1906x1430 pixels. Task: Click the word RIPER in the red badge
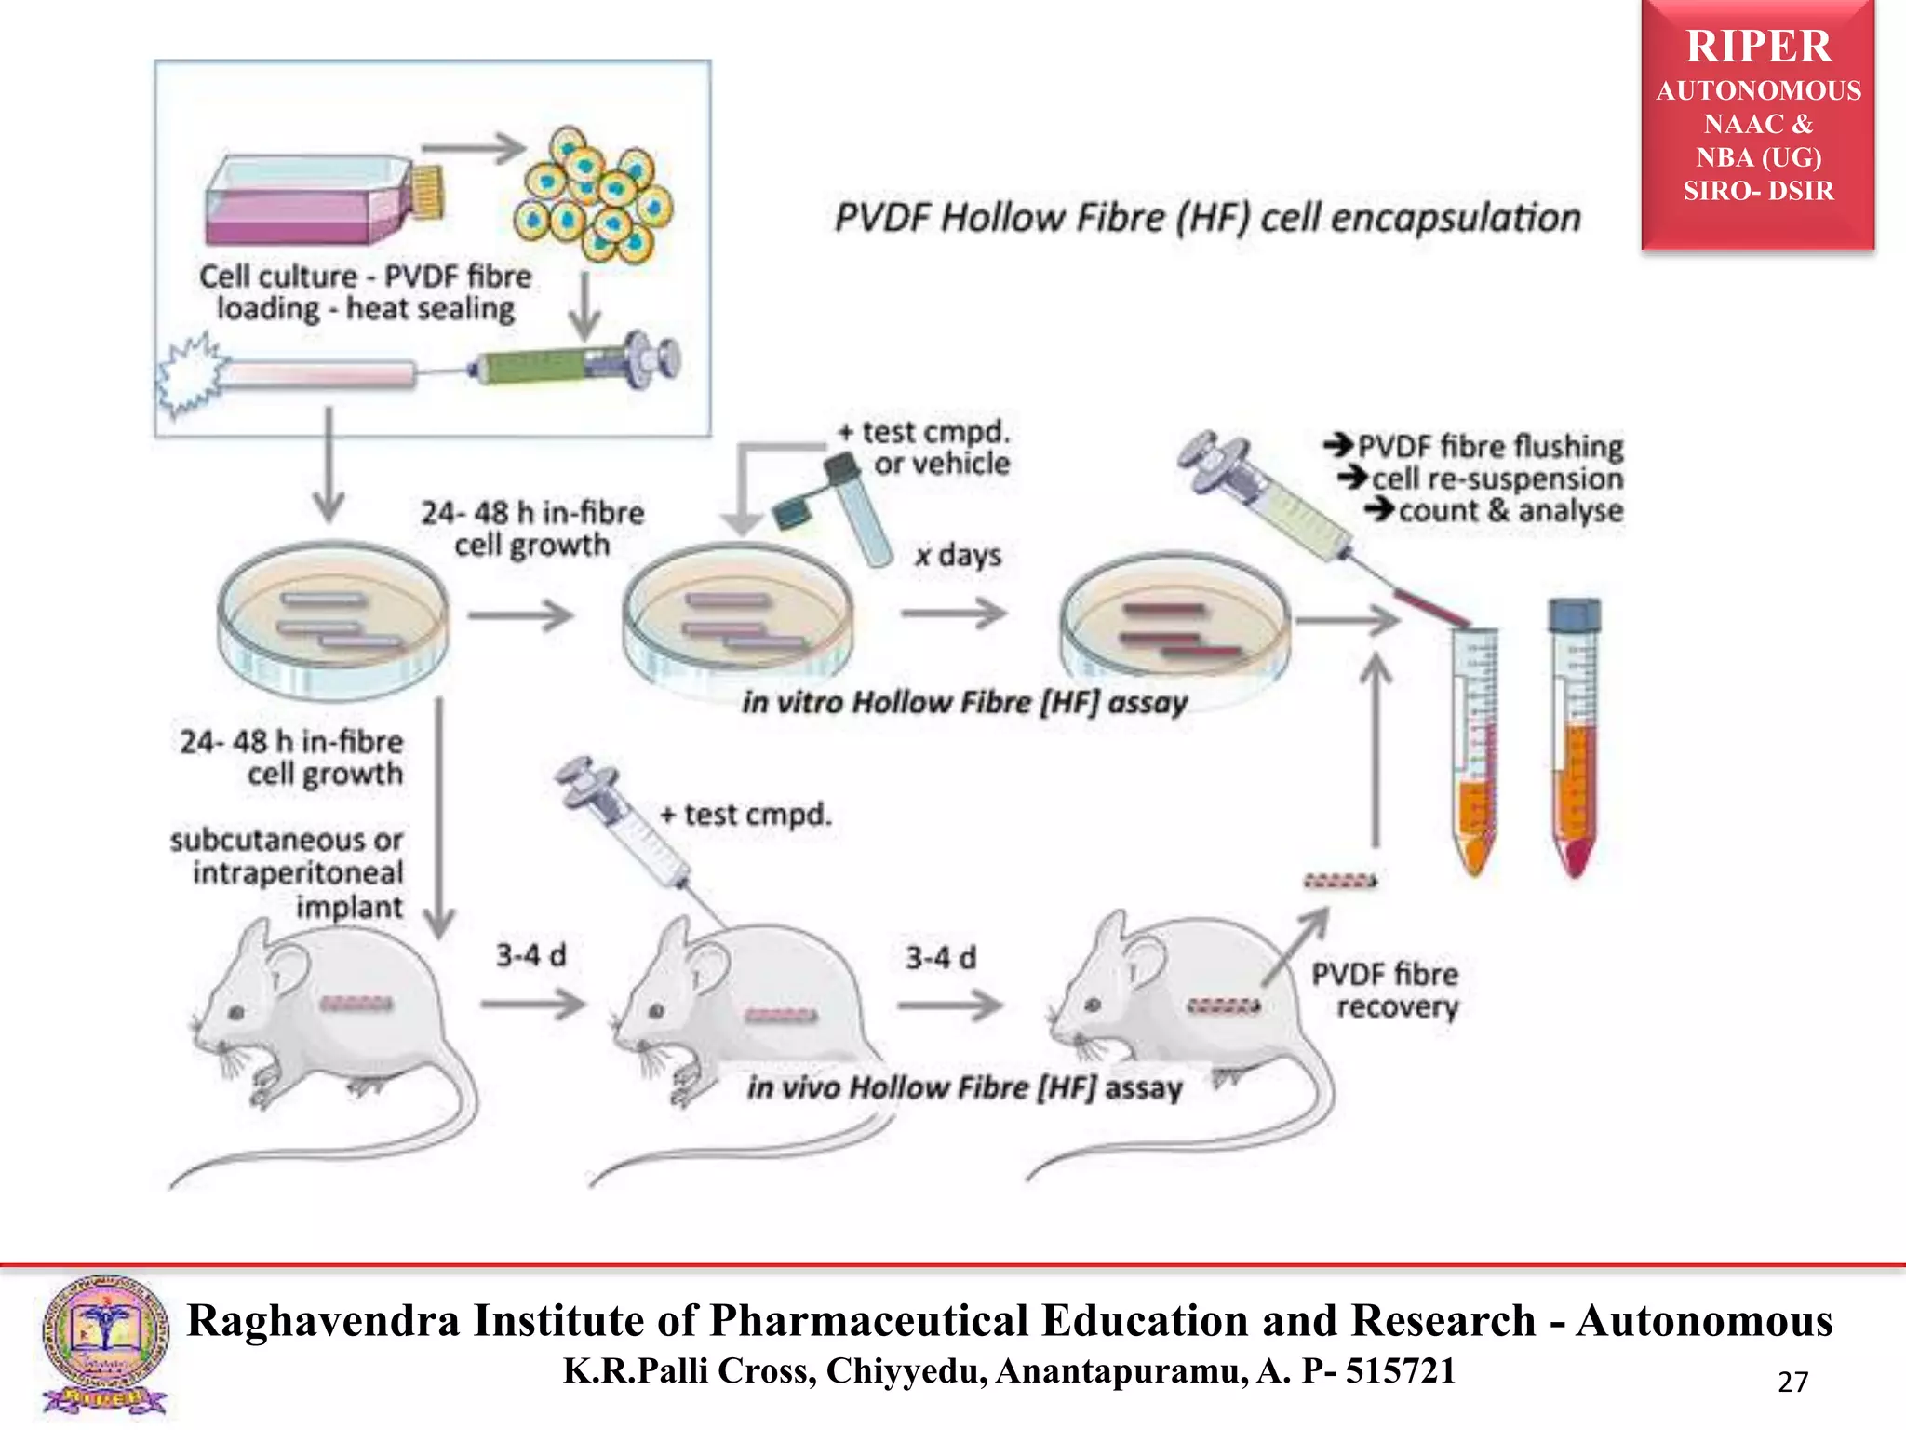point(1758,47)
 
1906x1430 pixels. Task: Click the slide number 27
point(1792,1382)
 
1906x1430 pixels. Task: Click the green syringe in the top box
point(549,366)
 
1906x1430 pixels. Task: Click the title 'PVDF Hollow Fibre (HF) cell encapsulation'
point(1207,218)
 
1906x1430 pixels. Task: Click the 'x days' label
point(958,556)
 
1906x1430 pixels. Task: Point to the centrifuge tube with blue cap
point(1575,735)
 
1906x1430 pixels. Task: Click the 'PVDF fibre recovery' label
point(1385,991)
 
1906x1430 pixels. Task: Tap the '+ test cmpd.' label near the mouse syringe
point(745,815)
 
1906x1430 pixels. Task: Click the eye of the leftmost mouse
point(236,1012)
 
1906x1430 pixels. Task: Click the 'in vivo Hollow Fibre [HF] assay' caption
point(964,1087)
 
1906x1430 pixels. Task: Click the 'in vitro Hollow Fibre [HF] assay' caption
point(964,702)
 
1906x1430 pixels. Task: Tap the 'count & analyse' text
point(1510,511)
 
